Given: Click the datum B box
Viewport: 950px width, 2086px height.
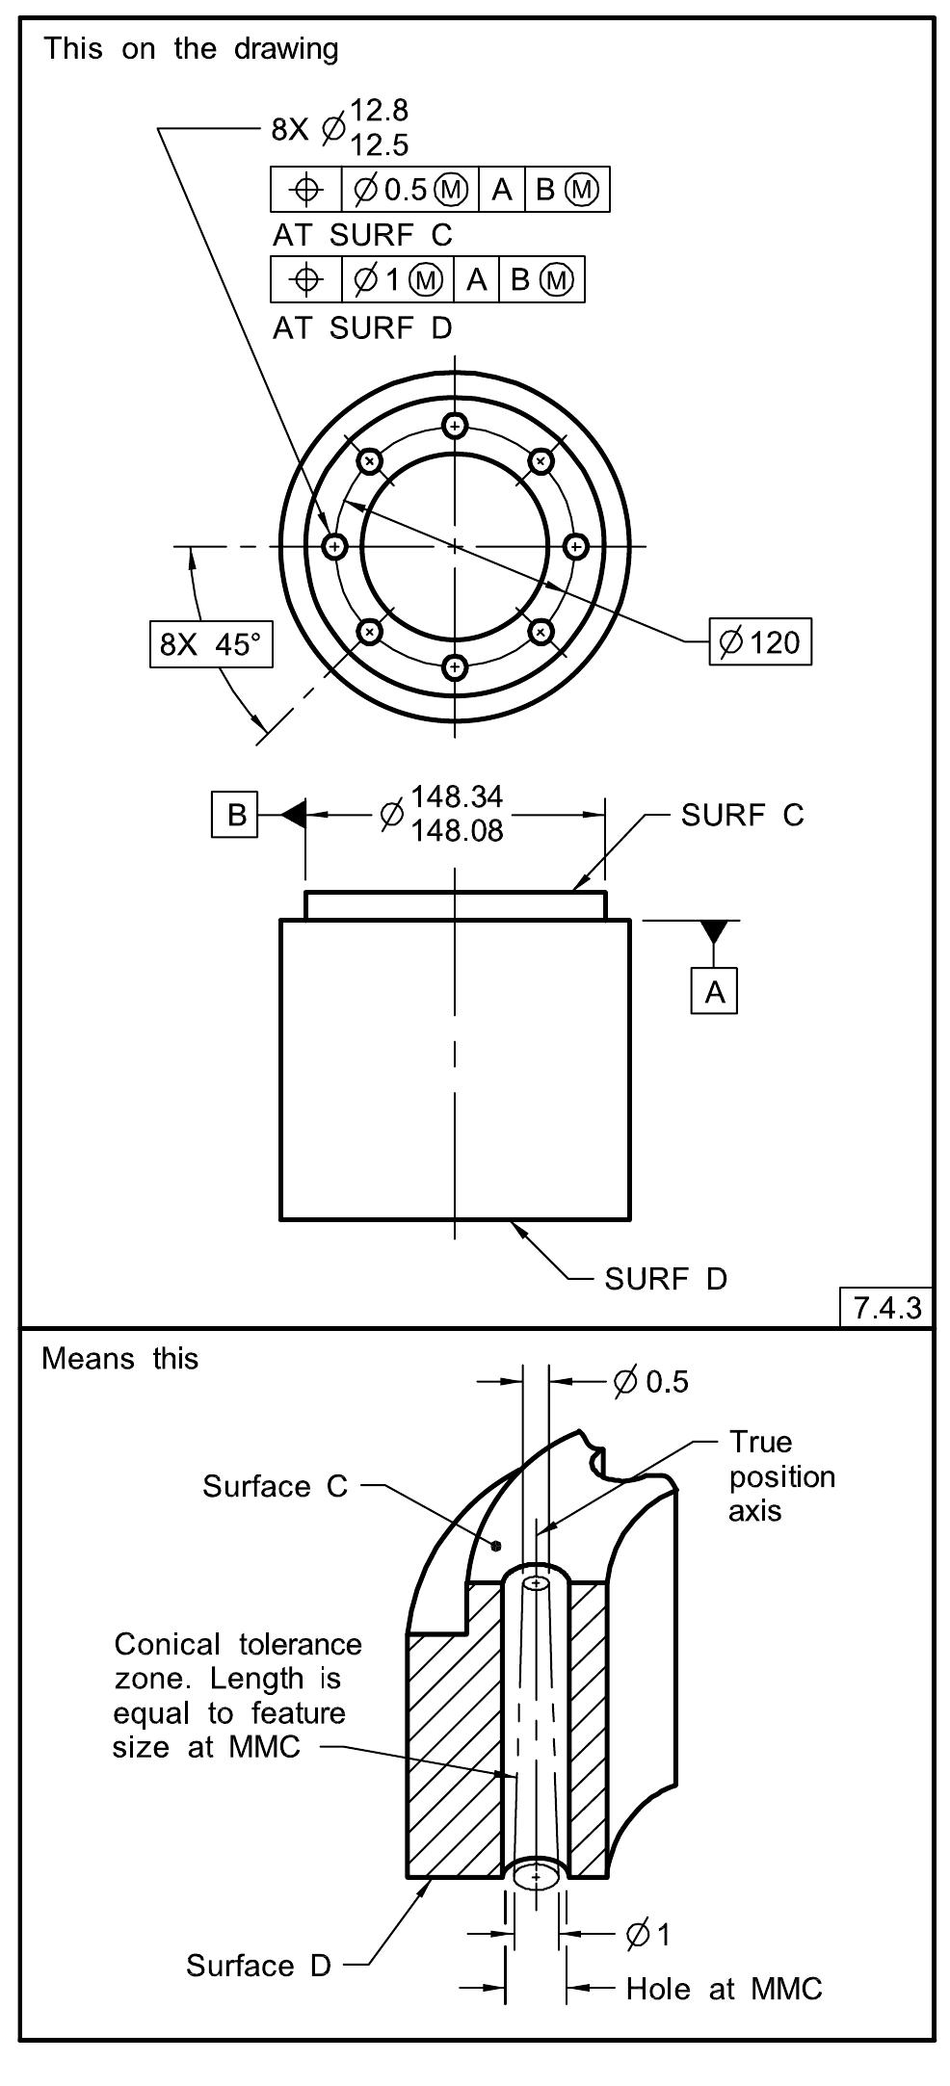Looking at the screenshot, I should [235, 815].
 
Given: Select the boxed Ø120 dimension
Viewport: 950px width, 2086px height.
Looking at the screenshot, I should [760, 641].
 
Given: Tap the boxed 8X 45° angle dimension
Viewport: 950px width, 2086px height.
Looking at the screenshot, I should [211, 644].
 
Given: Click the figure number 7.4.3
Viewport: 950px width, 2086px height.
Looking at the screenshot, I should [886, 1308].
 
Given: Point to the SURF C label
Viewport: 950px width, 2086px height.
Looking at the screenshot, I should [741, 816].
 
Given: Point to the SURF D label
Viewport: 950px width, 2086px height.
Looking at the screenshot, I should [665, 1279].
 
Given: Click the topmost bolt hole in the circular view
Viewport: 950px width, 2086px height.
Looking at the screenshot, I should [456, 426].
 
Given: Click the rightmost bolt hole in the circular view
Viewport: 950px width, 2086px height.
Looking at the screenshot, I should [575, 546].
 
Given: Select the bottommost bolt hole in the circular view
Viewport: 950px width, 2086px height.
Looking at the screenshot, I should [456, 666].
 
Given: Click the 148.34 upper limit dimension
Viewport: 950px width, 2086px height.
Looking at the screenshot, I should [457, 796].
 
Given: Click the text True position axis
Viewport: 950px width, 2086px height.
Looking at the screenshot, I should [780, 1475].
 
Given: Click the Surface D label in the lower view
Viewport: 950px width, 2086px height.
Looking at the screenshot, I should [258, 1965].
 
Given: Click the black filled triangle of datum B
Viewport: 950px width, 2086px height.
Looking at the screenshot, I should [295, 815].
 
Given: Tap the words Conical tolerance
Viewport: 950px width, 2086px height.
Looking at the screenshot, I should [237, 1644].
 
